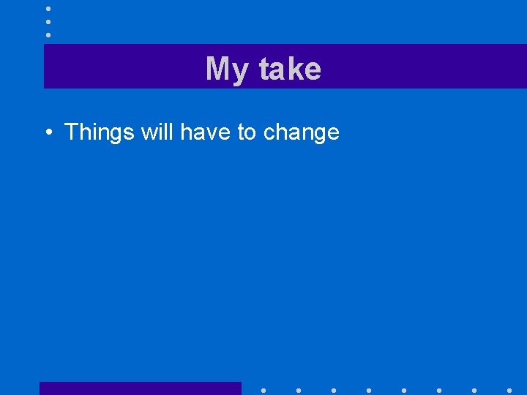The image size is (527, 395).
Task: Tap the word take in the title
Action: click(289, 69)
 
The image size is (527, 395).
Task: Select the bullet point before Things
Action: click(47, 132)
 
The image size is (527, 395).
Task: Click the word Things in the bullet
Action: click(100, 132)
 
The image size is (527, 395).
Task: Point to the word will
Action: click(157, 132)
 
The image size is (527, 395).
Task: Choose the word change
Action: click(301, 133)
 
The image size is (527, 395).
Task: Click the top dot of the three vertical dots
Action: click(48, 8)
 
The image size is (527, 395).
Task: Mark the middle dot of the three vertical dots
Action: click(48, 21)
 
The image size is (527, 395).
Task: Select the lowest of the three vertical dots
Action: click(48, 34)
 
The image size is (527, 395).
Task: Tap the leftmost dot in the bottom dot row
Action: click(263, 390)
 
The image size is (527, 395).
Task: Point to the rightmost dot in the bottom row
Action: click(509, 390)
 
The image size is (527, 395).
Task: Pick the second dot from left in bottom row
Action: click(299, 390)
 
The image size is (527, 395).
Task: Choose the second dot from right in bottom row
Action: click(474, 390)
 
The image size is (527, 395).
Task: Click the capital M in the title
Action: click(217, 69)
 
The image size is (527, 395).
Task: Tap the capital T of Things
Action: click(71, 132)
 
